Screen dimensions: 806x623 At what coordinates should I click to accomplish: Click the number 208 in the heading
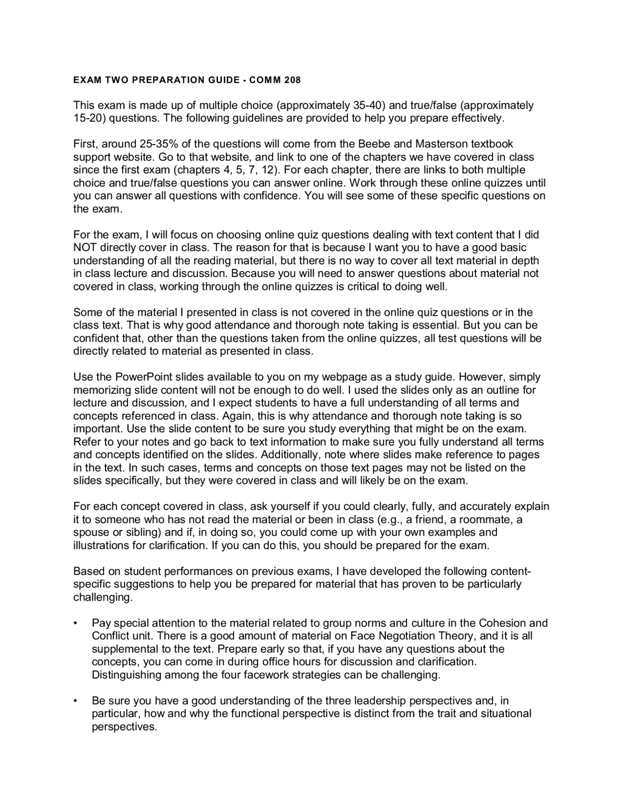pos(293,80)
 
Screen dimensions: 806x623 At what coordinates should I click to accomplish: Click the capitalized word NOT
pos(85,248)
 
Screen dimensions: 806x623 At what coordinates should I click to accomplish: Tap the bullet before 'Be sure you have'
pos(75,701)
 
